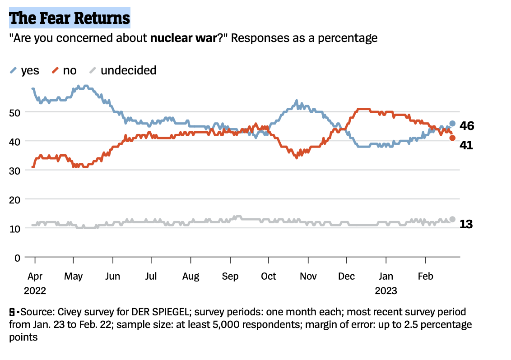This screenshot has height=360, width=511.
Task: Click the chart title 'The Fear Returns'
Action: pos(70,18)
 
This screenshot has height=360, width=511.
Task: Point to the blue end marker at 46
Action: pos(452,124)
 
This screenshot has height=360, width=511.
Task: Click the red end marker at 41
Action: pos(452,138)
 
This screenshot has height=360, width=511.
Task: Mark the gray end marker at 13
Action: pos(452,219)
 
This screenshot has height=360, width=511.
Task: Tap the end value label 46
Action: pos(467,126)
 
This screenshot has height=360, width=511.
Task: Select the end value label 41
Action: pos(466,145)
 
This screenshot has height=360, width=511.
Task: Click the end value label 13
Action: pos(466,223)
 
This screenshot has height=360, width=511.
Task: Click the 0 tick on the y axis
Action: pos(18,258)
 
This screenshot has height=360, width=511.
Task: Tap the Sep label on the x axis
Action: pos(230,276)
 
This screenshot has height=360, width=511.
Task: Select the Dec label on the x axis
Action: pos(347,276)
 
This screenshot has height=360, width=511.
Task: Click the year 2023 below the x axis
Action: pos(386,291)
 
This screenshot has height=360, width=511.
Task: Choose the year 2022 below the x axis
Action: pos(35,291)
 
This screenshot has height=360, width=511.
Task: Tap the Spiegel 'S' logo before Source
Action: pos(12,312)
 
